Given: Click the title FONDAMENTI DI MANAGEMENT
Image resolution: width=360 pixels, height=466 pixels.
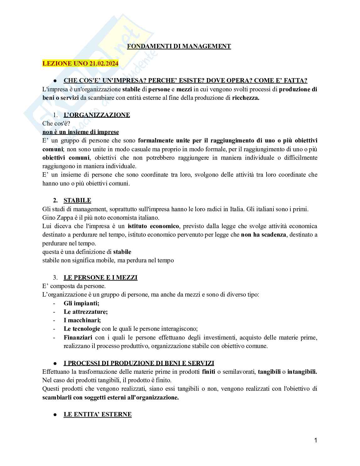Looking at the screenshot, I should coord(179,46).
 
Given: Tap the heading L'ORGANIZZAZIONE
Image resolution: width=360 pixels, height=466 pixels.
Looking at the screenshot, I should coord(97,115).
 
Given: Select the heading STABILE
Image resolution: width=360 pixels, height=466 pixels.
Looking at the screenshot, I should coord(77,201).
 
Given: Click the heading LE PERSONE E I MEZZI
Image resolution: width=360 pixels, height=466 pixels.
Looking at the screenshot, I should coord(100,278).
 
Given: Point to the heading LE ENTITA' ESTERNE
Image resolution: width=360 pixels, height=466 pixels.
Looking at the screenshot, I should coord(98,415).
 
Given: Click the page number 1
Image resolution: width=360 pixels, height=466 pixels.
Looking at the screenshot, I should coord(316,441).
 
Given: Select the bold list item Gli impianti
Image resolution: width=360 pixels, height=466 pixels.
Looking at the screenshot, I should coord(81,303).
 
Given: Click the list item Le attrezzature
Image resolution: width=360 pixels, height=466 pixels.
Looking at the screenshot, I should coord(86,312).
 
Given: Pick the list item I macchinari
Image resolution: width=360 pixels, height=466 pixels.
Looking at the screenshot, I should coord(82,320).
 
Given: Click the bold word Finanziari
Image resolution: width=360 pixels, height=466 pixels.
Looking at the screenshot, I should coord(78,338).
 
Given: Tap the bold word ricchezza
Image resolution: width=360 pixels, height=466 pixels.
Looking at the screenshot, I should coord(246,98).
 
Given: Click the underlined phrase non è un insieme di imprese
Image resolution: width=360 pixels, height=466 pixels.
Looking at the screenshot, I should coord(81,132).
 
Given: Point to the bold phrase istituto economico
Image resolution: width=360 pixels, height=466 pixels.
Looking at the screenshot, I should coord(153,226).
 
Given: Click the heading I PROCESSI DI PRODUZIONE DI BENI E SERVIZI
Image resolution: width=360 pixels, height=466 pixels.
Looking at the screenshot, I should coord(139,363).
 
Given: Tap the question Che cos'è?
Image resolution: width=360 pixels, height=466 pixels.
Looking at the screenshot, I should coord(56,124).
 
